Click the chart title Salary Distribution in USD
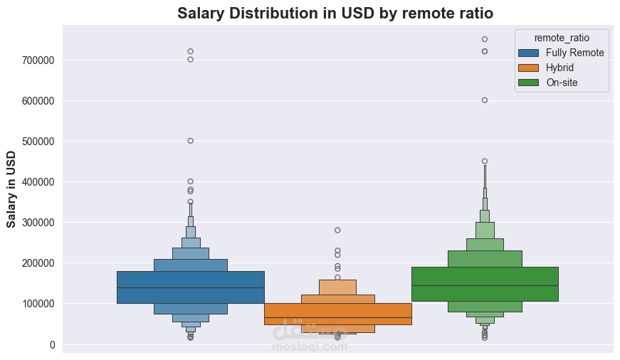tap(335, 13)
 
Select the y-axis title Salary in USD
tap(11, 189)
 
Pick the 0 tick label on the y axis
tap(51, 345)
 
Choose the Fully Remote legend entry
tap(574, 53)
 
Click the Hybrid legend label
tap(559, 68)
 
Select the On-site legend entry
tap(562, 83)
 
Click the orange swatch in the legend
tap(529, 68)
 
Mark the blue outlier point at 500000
tap(191, 141)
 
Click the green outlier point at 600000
tap(485, 100)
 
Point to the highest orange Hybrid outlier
tap(337, 231)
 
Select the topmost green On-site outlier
tap(485, 39)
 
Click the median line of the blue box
tap(191, 287)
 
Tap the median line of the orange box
tap(337, 317)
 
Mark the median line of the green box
tap(485, 285)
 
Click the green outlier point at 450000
tap(485, 161)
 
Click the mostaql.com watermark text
tap(310, 347)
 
